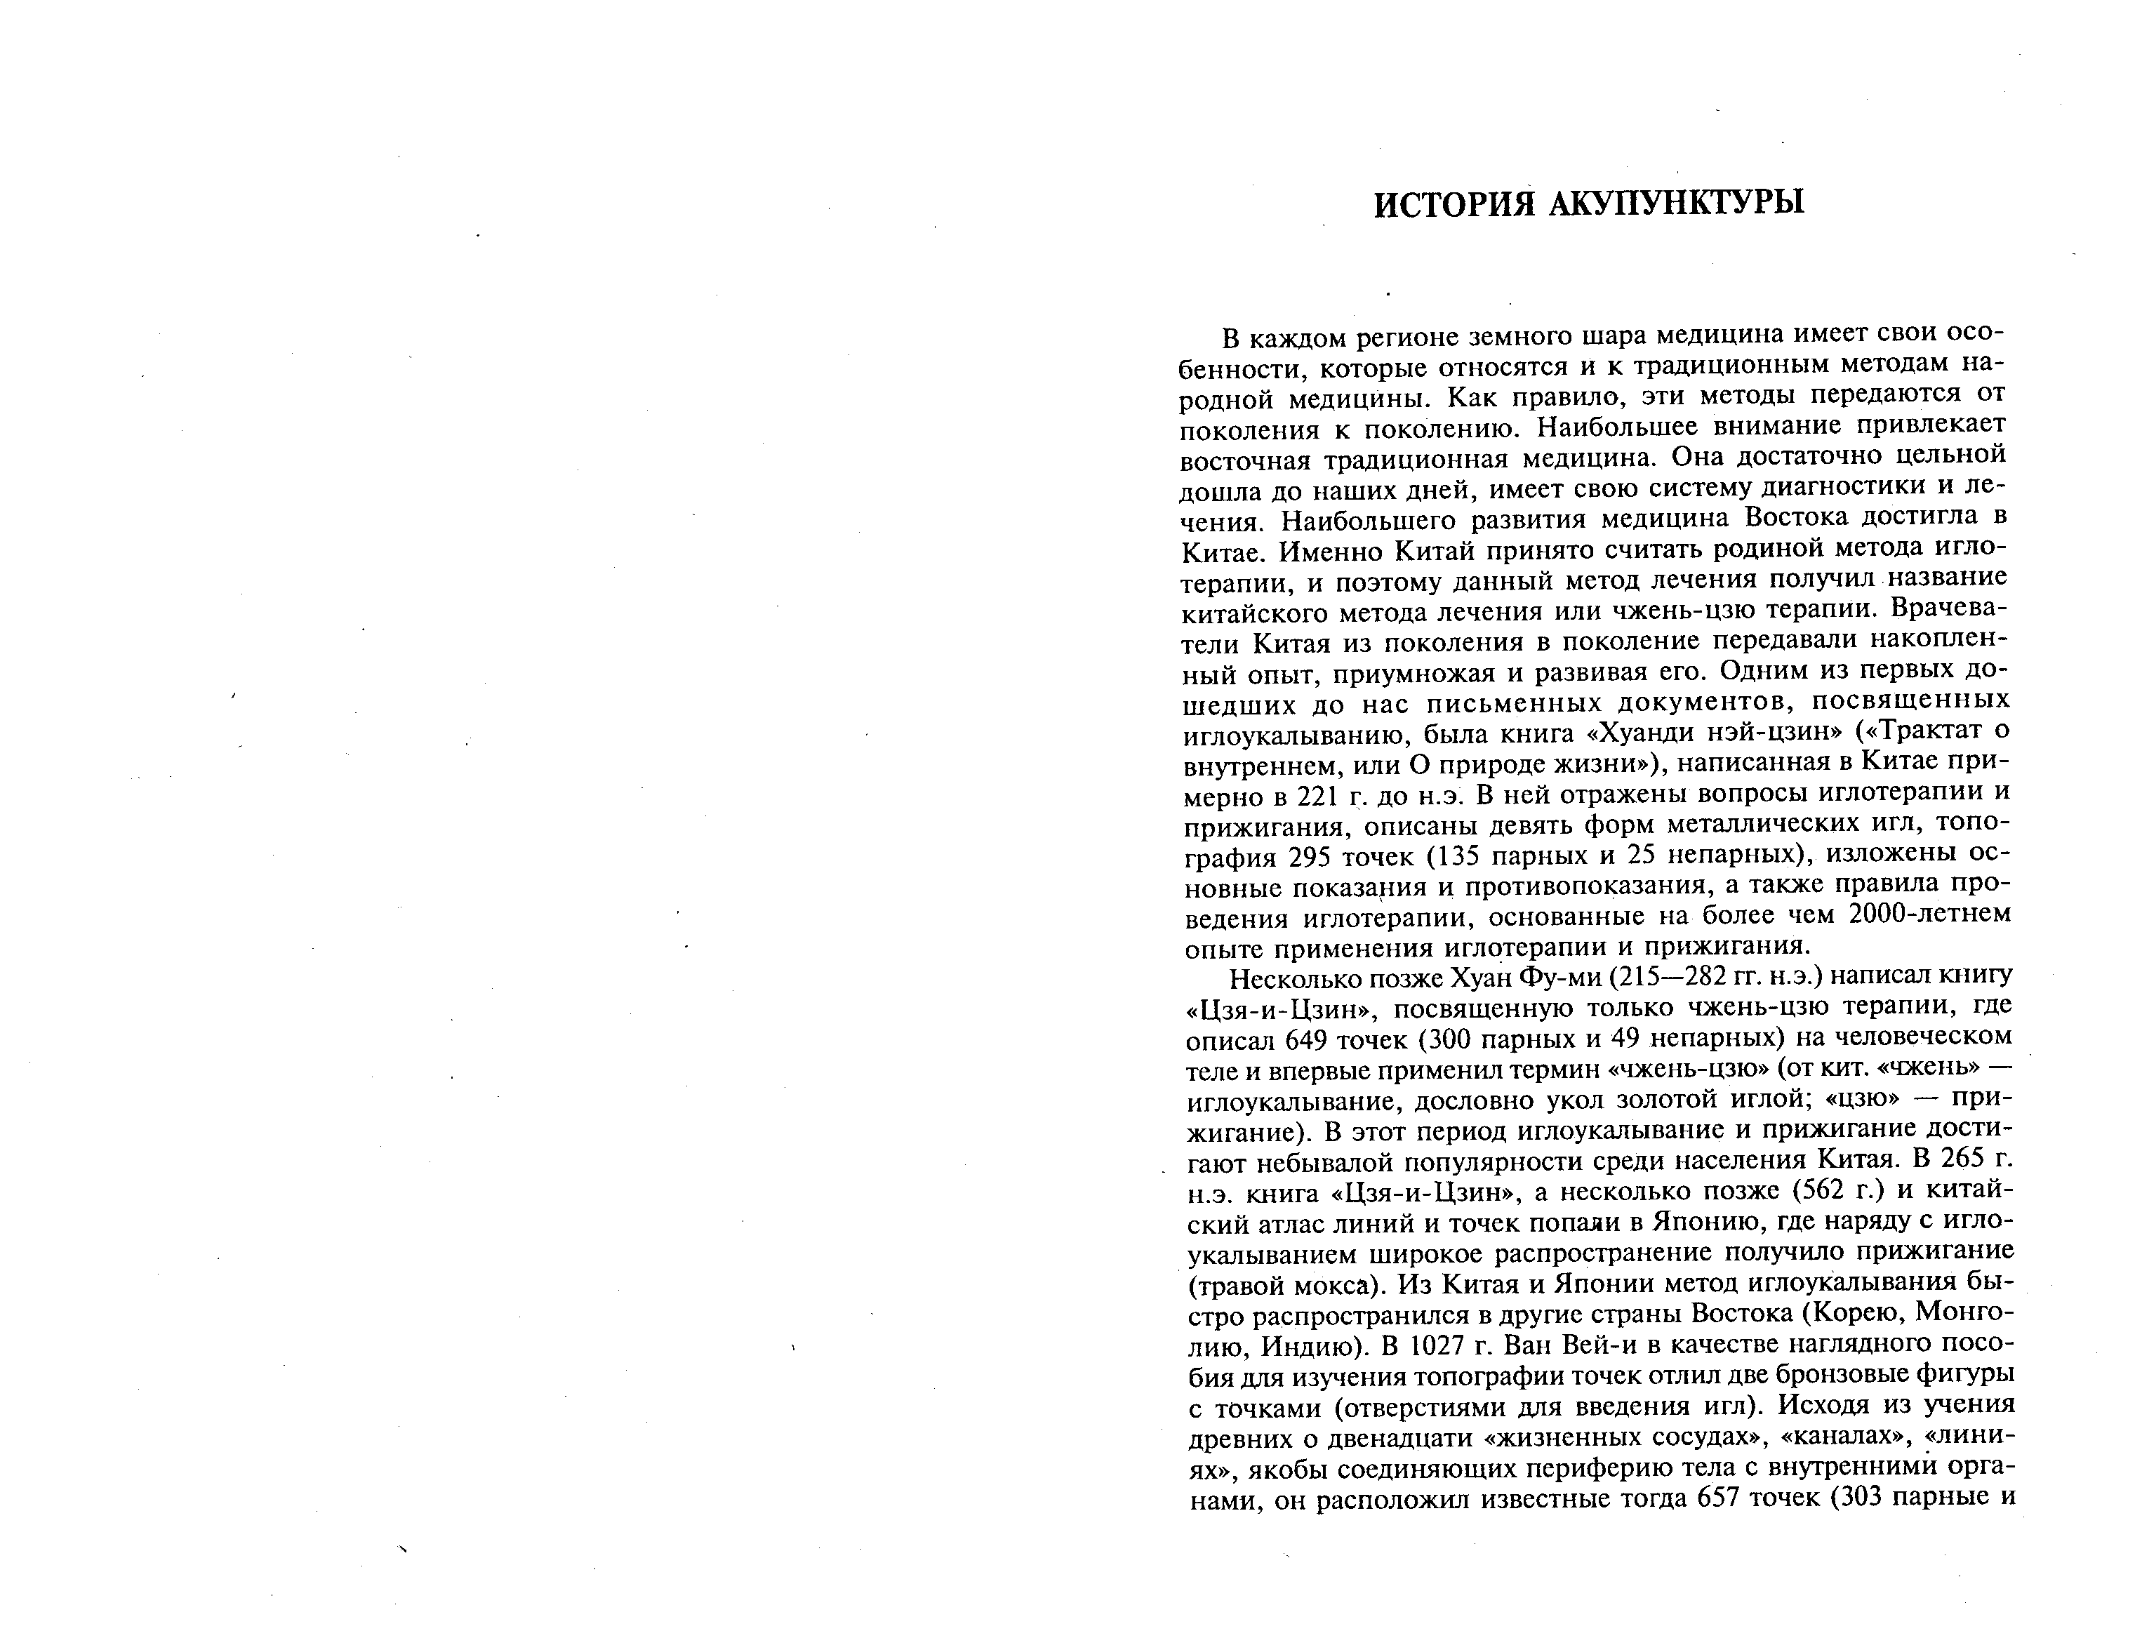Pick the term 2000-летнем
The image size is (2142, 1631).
coord(1932,915)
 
